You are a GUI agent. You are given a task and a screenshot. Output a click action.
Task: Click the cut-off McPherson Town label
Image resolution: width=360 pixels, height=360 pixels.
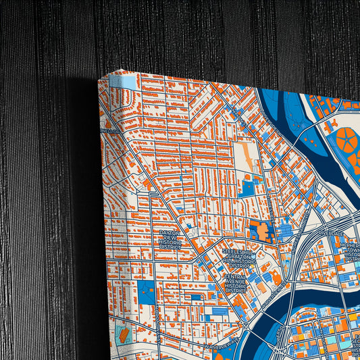(351, 251)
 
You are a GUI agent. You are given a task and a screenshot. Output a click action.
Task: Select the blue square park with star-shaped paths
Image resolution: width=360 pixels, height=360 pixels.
(147, 292)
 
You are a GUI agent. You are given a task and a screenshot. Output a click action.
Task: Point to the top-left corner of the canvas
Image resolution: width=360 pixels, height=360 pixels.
(99, 80)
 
